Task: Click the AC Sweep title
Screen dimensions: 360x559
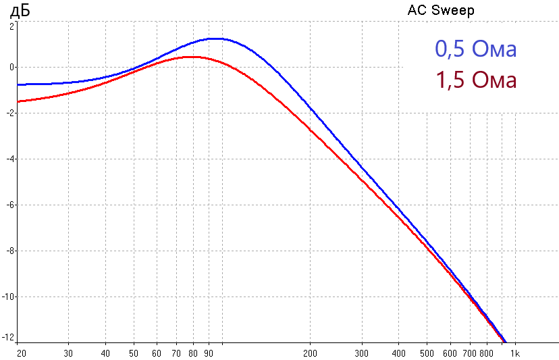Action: click(x=441, y=11)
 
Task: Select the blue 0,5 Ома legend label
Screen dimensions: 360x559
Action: click(x=476, y=50)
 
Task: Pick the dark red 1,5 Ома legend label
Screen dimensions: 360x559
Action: click(x=476, y=80)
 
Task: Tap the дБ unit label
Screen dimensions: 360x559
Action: click(x=20, y=11)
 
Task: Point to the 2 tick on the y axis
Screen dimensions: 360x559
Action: click(x=11, y=26)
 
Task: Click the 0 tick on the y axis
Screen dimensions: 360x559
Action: click(x=11, y=68)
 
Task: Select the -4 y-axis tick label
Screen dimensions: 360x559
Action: click(x=9, y=159)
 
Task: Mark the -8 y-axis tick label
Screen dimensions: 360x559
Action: click(x=9, y=251)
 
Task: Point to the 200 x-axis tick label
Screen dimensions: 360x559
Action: click(x=310, y=353)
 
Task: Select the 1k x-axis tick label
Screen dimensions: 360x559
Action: click(x=514, y=353)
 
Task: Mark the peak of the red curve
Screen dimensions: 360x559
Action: click(x=192, y=57)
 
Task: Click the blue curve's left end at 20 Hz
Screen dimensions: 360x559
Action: click(x=18, y=84)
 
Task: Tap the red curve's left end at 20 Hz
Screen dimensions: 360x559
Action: click(x=18, y=101)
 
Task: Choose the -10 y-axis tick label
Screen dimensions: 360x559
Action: click(x=7, y=297)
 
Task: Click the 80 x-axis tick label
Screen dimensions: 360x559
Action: click(x=194, y=353)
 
